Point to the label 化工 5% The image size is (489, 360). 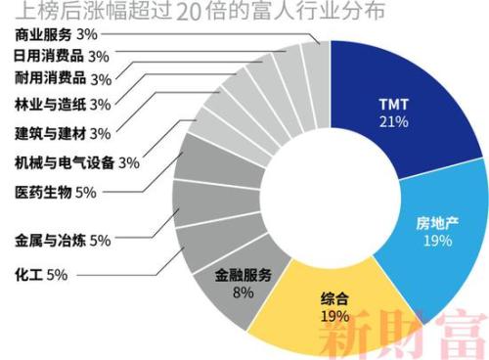(x=40, y=274)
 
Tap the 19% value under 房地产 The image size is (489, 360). (x=436, y=239)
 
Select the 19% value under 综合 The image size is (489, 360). (x=333, y=315)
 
